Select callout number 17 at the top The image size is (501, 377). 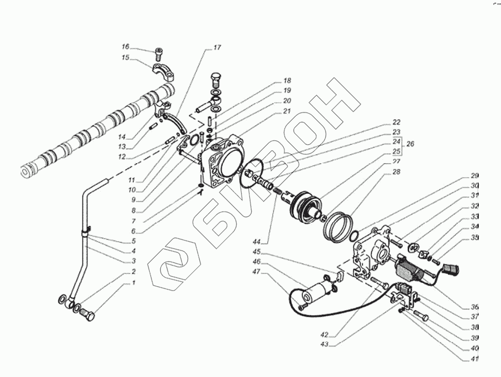click(217, 47)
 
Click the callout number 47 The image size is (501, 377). click(256, 272)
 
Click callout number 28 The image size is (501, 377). click(396, 172)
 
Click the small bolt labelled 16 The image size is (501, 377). click(159, 54)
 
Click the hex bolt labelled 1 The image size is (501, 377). click(87, 315)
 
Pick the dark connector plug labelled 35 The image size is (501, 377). click(450, 271)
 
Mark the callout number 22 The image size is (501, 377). click(396, 122)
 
